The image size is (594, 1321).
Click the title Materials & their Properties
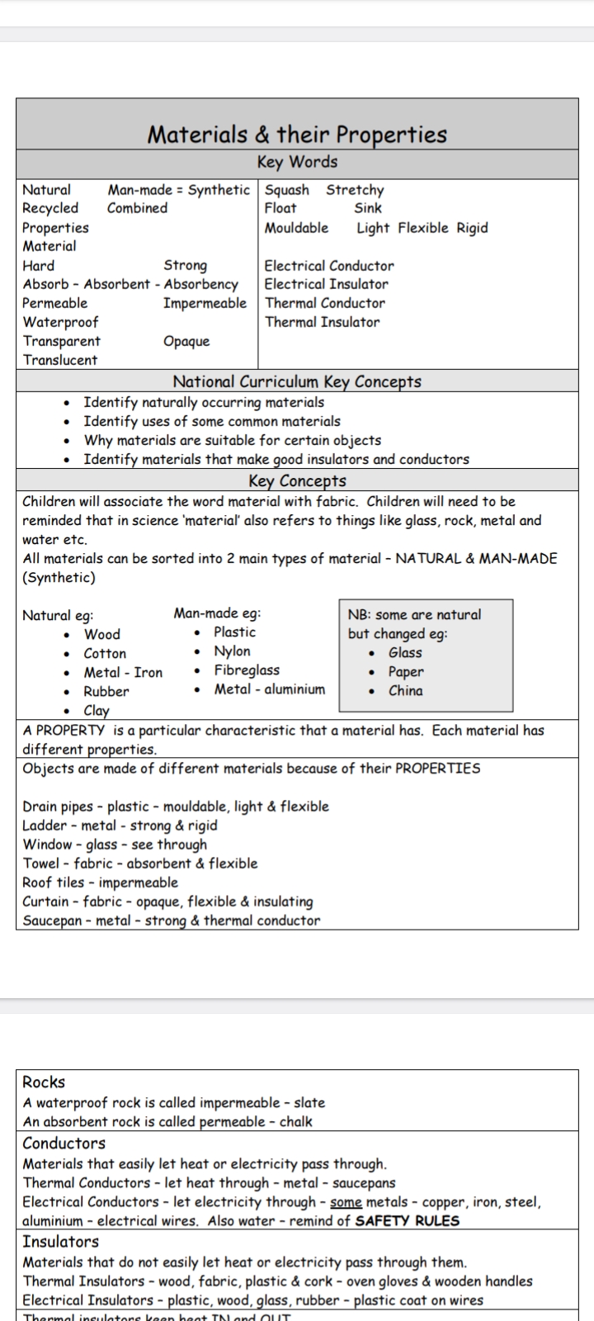pyautogui.click(x=297, y=135)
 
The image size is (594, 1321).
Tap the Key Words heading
pyautogui.click(x=297, y=163)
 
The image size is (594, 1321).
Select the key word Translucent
pyautogui.click(x=60, y=360)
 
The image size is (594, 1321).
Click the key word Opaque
pyautogui.click(x=186, y=341)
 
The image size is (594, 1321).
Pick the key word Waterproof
pyautogui.click(x=60, y=322)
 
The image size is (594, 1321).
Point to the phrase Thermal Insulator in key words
pyautogui.click(x=322, y=322)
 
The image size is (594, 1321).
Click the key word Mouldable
pyautogui.click(x=296, y=228)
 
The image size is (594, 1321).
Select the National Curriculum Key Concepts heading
pyautogui.click(x=297, y=381)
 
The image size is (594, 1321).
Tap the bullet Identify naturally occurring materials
pyautogui.click(x=204, y=403)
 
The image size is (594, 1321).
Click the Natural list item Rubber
pyautogui.click(x=106, y=692)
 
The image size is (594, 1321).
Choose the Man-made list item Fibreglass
pyautogui.click(x=247, y=670)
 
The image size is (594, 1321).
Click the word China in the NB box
pyautogui.click(x=405, y=691)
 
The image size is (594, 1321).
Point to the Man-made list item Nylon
pyautogui.click(x=232, y=651)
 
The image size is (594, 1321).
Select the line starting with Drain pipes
pyautogui.click(x=176, y=807)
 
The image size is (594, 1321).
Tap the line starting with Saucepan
pyautogui.click(x=171, y=921)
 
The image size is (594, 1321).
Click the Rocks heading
pyautogui.click(x=44, y=1082)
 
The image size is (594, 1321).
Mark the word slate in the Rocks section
pyautogui.click(x=309, y=1103)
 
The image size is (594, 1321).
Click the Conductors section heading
pyautogui.click(x=64, y=1143)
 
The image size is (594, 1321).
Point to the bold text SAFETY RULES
pyautogui.click(x=407, y=1221)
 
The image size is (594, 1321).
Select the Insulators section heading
pyautogui.click(x=60, y=1242)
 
